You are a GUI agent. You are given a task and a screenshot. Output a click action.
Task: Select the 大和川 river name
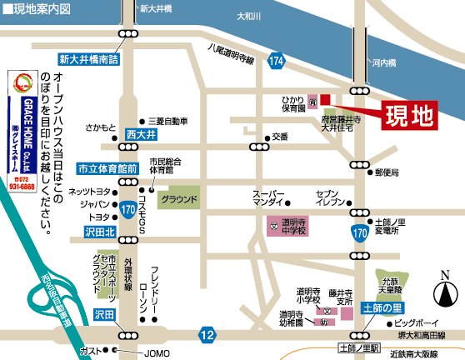coord(249,15)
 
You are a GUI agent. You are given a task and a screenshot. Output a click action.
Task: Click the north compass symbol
coord(444,292)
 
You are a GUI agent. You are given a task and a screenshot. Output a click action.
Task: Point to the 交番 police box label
coord(279,137)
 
